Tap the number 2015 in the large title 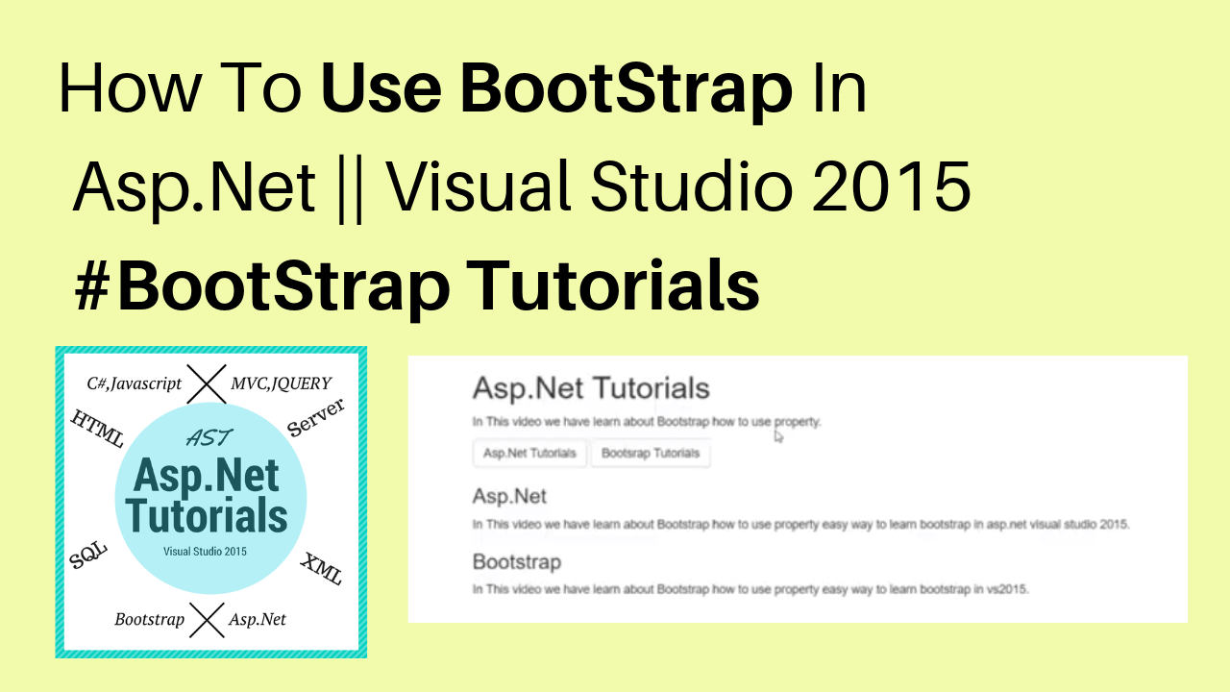tap(891, 185)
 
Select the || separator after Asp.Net tap(351, 190)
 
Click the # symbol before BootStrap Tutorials tap(92, 286)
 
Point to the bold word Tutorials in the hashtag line tap(613, 285)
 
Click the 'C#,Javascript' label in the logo tap(134, 383)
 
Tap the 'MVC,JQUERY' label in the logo tap(282, 383)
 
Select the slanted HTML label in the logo tap(98, 429)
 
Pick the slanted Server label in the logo tap(316, 417)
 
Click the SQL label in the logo tap(87, 555)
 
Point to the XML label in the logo tap(321, 568)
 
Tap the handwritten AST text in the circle tap(209, 437)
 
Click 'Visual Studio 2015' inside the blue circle tap(205, 552)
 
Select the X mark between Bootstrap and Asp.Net tap(207, 620)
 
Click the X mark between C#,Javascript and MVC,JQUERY tap(207, 383)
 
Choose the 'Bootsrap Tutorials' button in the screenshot tap(651, 453)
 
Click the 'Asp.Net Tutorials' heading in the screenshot tap(591, 388)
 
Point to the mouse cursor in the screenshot tap(778, 436)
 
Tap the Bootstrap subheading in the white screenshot tap(517, 562)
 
